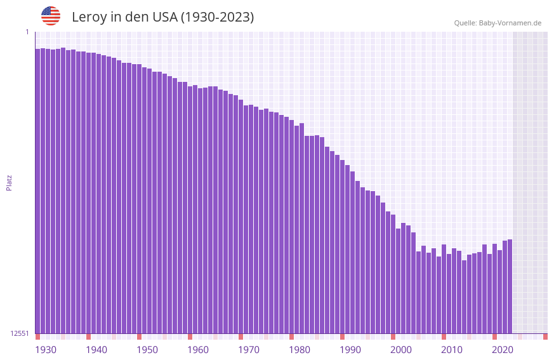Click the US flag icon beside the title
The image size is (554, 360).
[51, 16]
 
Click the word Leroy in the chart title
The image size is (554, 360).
[89, 17]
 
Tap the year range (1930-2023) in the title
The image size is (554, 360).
[217, 17]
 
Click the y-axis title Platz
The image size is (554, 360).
[9, 182]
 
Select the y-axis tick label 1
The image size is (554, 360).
[27, 32]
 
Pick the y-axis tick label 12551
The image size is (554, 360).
[20, 333]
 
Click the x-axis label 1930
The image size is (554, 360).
[46, 350]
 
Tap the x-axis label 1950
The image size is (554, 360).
[147, 350]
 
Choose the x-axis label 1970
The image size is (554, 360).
[249, 350]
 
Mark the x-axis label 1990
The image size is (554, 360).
[350, 350]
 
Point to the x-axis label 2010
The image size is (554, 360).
[452, 350]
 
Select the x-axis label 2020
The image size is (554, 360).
[503, 350]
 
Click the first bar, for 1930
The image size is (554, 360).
[37, 190]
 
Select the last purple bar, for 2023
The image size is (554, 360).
[510, 286]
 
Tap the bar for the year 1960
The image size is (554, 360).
[190, 210]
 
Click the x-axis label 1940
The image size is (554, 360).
[96, 350]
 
